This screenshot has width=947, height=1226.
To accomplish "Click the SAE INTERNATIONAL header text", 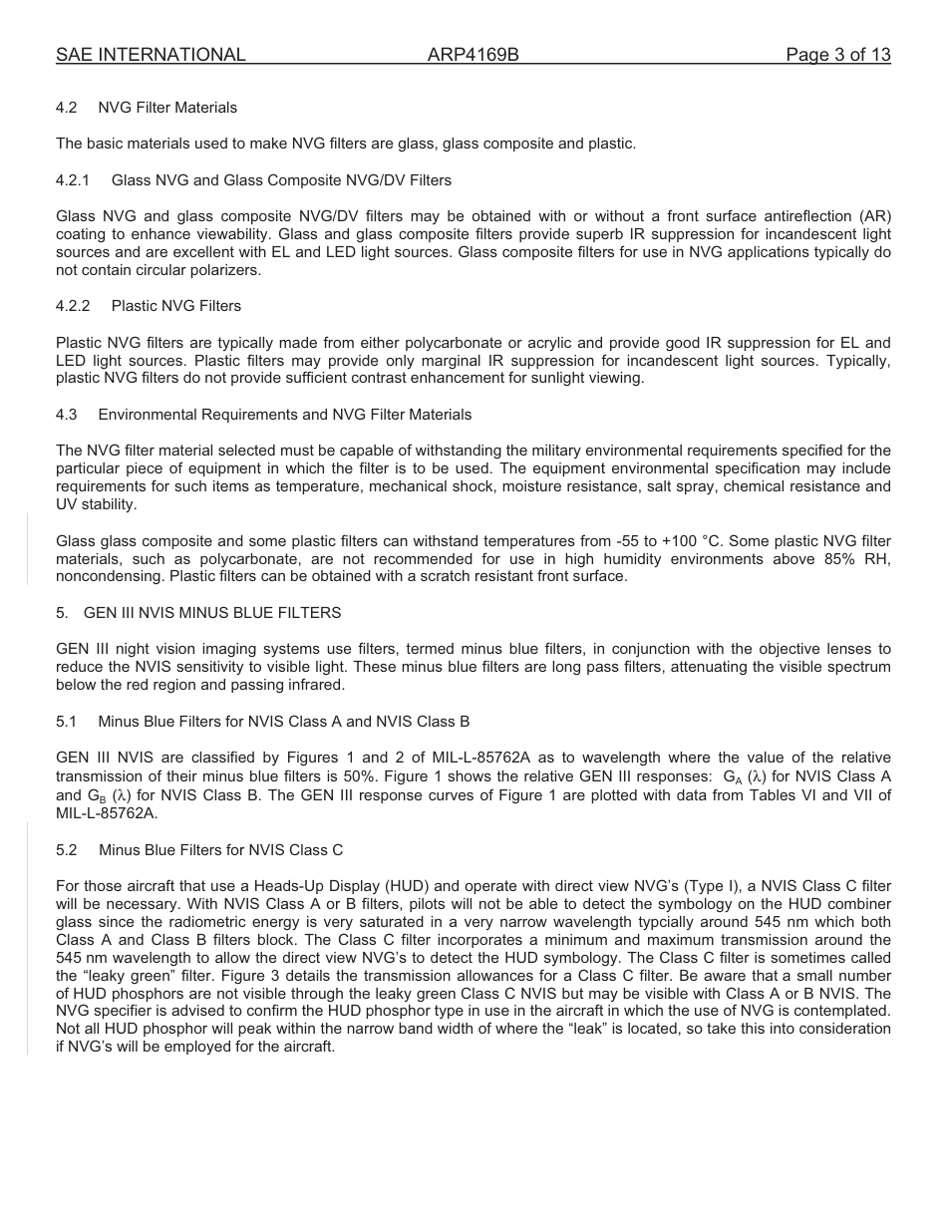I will [x=151, y=55].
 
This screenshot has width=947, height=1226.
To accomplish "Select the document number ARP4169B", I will [x=473, y=55].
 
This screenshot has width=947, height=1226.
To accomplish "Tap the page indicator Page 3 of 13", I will [x=837, y=55].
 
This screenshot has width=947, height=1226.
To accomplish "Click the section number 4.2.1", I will [x=73, y=180].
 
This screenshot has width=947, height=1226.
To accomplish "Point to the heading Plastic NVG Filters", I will [x=175, y=306].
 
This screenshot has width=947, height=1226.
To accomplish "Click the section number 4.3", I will [x=67, y=414].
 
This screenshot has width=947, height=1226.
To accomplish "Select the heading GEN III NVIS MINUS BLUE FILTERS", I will [x=211, y=613].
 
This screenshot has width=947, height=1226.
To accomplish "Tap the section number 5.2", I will [x=67, y=850].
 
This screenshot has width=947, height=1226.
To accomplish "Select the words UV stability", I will [x=96, y=505].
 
